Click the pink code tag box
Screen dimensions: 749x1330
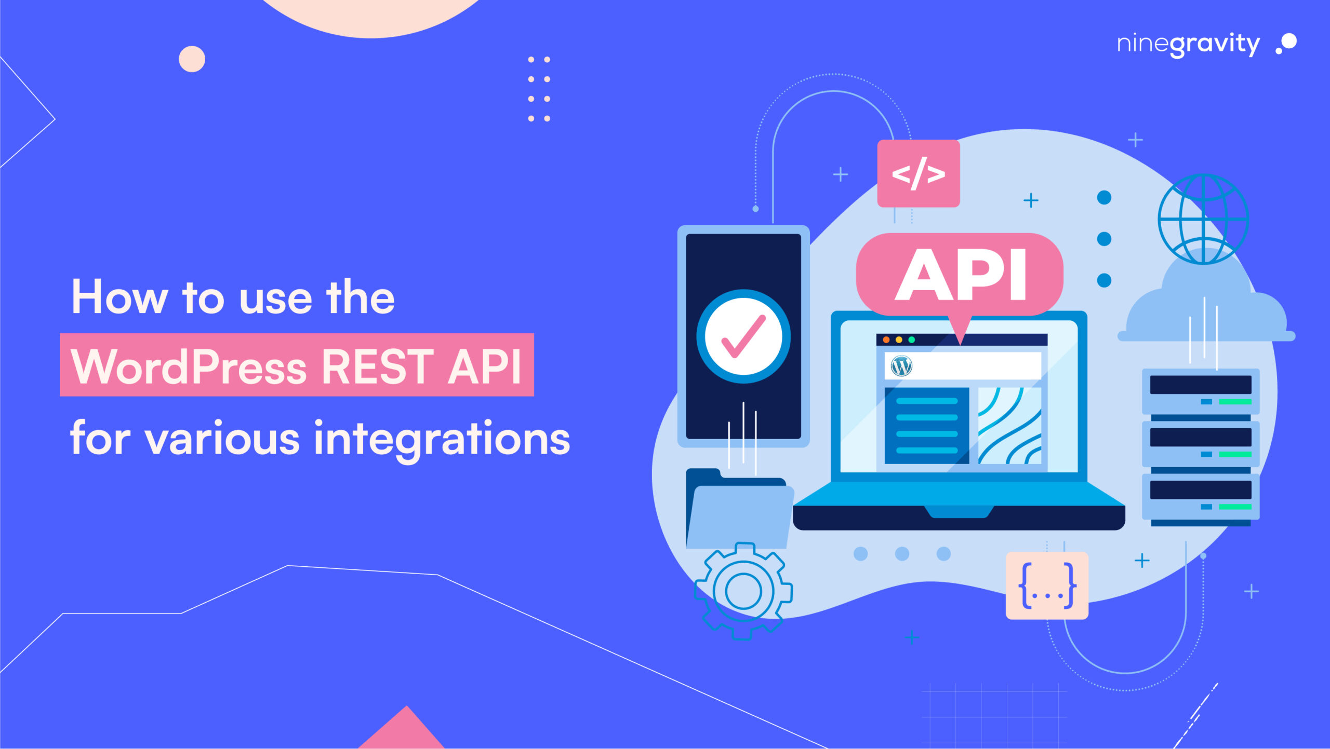tap(918, 173)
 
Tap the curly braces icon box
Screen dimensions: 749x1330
tap(1047, 585)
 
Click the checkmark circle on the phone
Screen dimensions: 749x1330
tap(743, 336)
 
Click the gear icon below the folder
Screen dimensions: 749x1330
tap(743, 591)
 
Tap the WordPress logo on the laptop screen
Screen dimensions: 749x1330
tap(901, 366)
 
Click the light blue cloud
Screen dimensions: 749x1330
tap(1205, 311)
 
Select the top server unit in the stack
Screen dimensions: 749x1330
tap(1200, 391)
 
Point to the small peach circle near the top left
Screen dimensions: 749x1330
tap(192, 59)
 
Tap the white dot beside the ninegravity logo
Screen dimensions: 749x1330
tap(1289, 42)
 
